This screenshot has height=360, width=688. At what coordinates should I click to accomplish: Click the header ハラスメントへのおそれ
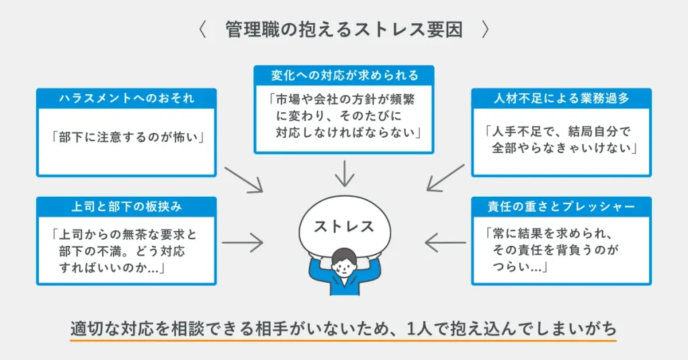point(126,99)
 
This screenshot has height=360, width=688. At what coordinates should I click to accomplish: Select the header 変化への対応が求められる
point(344,75)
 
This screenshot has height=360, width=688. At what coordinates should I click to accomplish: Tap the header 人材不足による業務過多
point(561,99)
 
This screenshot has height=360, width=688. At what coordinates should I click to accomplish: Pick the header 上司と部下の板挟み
point(126,206)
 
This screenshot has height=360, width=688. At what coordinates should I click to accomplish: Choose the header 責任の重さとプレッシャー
point(561,206)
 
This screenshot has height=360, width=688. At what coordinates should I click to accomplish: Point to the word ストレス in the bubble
point(344,226)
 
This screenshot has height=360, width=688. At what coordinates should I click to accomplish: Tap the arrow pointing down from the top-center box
point(344,173)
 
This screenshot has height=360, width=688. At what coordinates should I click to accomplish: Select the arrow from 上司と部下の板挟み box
point(243,242)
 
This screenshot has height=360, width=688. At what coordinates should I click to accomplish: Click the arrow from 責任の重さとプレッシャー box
point(445,242)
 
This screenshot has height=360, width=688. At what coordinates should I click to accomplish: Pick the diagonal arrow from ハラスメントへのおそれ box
point(243,176)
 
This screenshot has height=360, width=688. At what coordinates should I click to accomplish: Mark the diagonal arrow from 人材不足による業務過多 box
point(445,177)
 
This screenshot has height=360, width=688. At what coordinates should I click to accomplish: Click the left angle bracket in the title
point(202,30)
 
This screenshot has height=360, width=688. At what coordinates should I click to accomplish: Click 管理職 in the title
point(247,30)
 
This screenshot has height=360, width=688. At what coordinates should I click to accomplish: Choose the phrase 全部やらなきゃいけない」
point(563,148)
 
